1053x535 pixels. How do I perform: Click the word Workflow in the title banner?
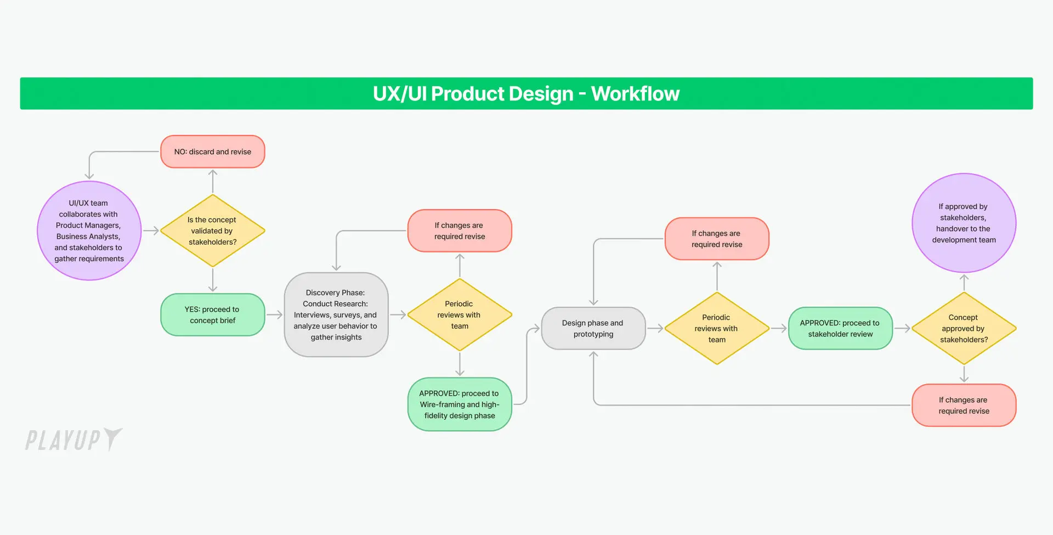tap(635, 94)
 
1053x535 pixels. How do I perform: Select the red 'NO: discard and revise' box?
tap(213, 151)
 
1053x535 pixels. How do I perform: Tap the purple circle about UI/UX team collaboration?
tap(89, 230)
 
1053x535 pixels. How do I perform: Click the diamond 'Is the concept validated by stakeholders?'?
tap(212, 231)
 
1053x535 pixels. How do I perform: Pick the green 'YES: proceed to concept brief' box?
tap(213, 315)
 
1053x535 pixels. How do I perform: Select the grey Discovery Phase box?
tap(336, 315)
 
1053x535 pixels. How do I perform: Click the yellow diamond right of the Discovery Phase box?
tap(460, 315)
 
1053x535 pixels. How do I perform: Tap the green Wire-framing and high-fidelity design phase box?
tap(460, 404)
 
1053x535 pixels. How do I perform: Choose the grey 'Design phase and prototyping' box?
tap(593, 328)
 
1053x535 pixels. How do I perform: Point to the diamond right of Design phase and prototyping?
tap(716, 328)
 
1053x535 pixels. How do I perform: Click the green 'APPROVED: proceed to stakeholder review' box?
tap(840, 328)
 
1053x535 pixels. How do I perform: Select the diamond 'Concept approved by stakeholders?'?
tap(964, 328)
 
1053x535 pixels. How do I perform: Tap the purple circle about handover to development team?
tap(964, 223)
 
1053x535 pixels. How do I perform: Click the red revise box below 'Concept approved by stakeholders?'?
tap(964, 406)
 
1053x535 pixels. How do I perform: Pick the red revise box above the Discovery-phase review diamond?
tap(460, 231)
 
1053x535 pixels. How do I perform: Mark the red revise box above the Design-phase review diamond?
tap(716, 239)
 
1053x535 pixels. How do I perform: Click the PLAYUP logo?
tap(73, 440)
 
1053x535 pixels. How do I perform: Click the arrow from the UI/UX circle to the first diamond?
tap(151, 231)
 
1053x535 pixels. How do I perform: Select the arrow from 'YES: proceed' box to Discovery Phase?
tap(274, 315)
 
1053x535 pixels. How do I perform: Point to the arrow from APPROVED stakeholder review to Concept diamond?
tap(902, 329)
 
